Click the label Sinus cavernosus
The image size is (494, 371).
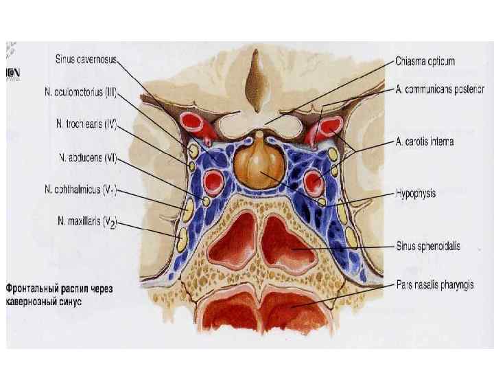coord(86,60)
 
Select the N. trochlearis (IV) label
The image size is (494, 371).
coord(86,125)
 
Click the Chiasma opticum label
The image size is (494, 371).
coord(425,61)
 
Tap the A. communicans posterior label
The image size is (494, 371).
coord(440,89)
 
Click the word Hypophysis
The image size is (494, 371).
coord(416,194)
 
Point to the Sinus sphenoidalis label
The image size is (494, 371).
coord(427,245)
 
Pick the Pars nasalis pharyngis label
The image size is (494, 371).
coord(436,283)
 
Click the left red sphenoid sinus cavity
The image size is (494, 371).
coord(232,240)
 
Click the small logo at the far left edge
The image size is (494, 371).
coord(12,73)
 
